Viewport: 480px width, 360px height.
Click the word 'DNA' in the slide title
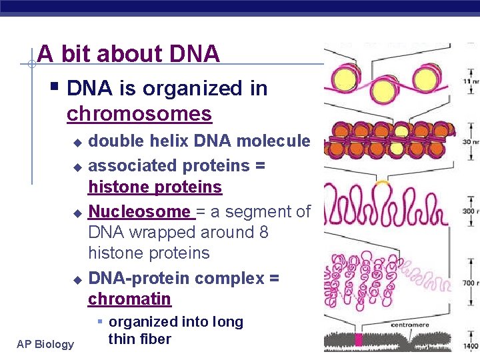coord(195,54)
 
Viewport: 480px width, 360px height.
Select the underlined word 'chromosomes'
coord(139,114)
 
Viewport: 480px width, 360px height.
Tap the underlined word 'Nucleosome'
coord(139,212)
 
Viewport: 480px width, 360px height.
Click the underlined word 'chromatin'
coord(129,299)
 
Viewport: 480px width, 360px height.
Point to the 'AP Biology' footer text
coord(46,344)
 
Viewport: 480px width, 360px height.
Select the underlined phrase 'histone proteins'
coord(155,187)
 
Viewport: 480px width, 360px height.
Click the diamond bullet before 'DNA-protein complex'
coord(77,279)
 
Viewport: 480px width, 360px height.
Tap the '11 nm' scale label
coord(471,81)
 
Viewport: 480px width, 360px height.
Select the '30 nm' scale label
coord(471,142)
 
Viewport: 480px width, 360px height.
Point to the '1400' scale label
coord(469,347)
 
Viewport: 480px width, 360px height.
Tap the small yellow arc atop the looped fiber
coord(382,181)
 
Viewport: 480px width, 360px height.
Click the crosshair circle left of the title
coord(31,65)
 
